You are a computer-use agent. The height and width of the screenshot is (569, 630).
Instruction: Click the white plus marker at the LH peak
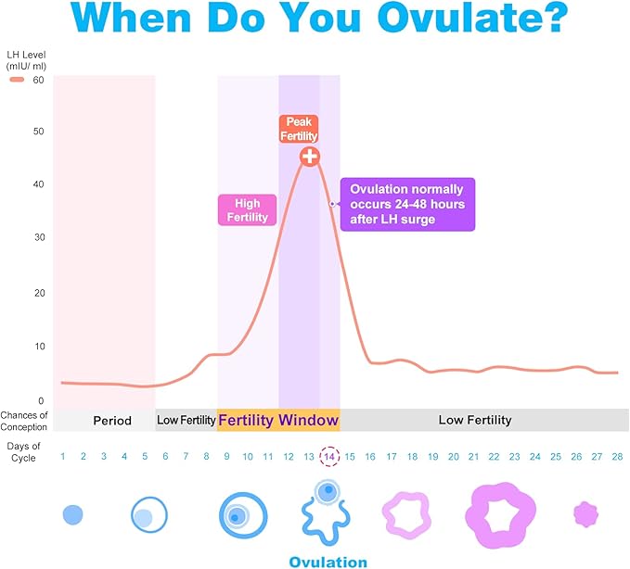tap(310, 157)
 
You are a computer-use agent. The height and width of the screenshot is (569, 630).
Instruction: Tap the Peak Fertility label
tap(300, 129)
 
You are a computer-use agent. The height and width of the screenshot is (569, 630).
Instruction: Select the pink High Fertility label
tap(247, 210)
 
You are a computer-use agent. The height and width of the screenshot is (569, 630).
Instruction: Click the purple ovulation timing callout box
tap(407, 204)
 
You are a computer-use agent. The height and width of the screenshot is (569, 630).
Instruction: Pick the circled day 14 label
tap(329, 456)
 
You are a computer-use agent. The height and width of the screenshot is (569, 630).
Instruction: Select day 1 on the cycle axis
tap(63, 456)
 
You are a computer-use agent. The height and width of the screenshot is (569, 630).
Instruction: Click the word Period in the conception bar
tap(111, 421)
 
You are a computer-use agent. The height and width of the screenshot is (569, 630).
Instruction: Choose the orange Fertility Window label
tap(278, 421)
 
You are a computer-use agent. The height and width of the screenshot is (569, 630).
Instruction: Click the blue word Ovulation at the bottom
tap(328, 562)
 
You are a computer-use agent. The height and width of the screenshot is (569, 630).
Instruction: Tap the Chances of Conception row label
tap(24, 421)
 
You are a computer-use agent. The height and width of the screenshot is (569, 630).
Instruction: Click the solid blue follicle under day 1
tap(73, 513)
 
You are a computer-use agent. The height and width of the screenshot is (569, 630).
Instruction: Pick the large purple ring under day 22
tap(500, 513)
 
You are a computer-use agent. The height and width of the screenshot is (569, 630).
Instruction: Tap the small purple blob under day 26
tap(585, 513)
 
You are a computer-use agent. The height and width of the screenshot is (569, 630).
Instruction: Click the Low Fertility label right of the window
tap(474, 421)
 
